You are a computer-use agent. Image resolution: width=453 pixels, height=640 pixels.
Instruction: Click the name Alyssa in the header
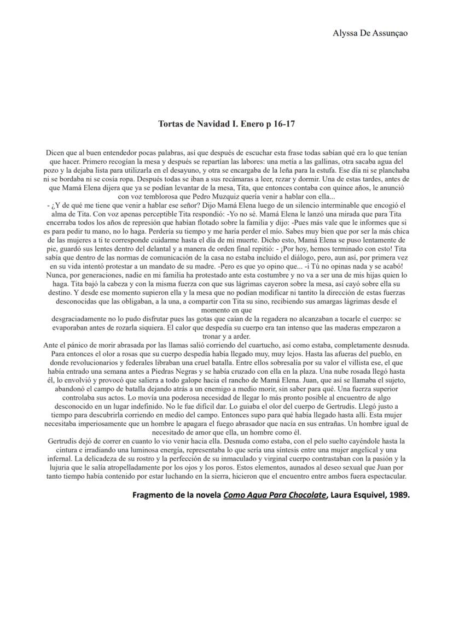[345, 33]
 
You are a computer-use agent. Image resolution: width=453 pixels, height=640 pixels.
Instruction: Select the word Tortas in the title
[171, 124]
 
